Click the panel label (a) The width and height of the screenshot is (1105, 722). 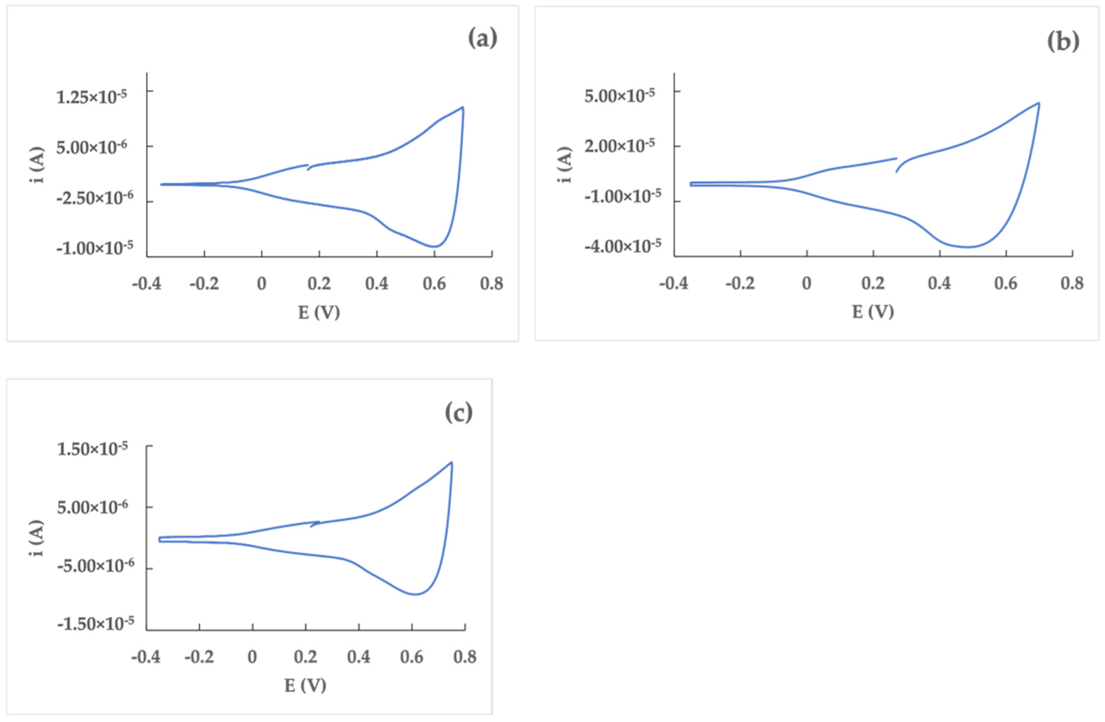pos(482,39)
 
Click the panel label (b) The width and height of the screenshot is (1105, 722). pos(1063,42)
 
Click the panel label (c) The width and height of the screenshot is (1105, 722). pos(458,412)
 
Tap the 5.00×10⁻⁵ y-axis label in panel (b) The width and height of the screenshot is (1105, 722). pos(619,96)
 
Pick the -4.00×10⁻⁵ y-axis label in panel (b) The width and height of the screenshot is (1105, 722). pos(622,245)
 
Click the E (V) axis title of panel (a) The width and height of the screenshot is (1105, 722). pos(319,312)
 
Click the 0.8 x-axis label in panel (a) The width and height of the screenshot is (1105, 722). pos(492,283)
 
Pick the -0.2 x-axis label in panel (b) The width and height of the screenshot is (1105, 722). pos(740,283)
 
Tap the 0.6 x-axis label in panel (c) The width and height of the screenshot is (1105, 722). pos(412,657)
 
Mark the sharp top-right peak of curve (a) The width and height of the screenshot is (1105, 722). pos(462,107)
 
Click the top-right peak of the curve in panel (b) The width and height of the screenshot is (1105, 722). pos(1039,103)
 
